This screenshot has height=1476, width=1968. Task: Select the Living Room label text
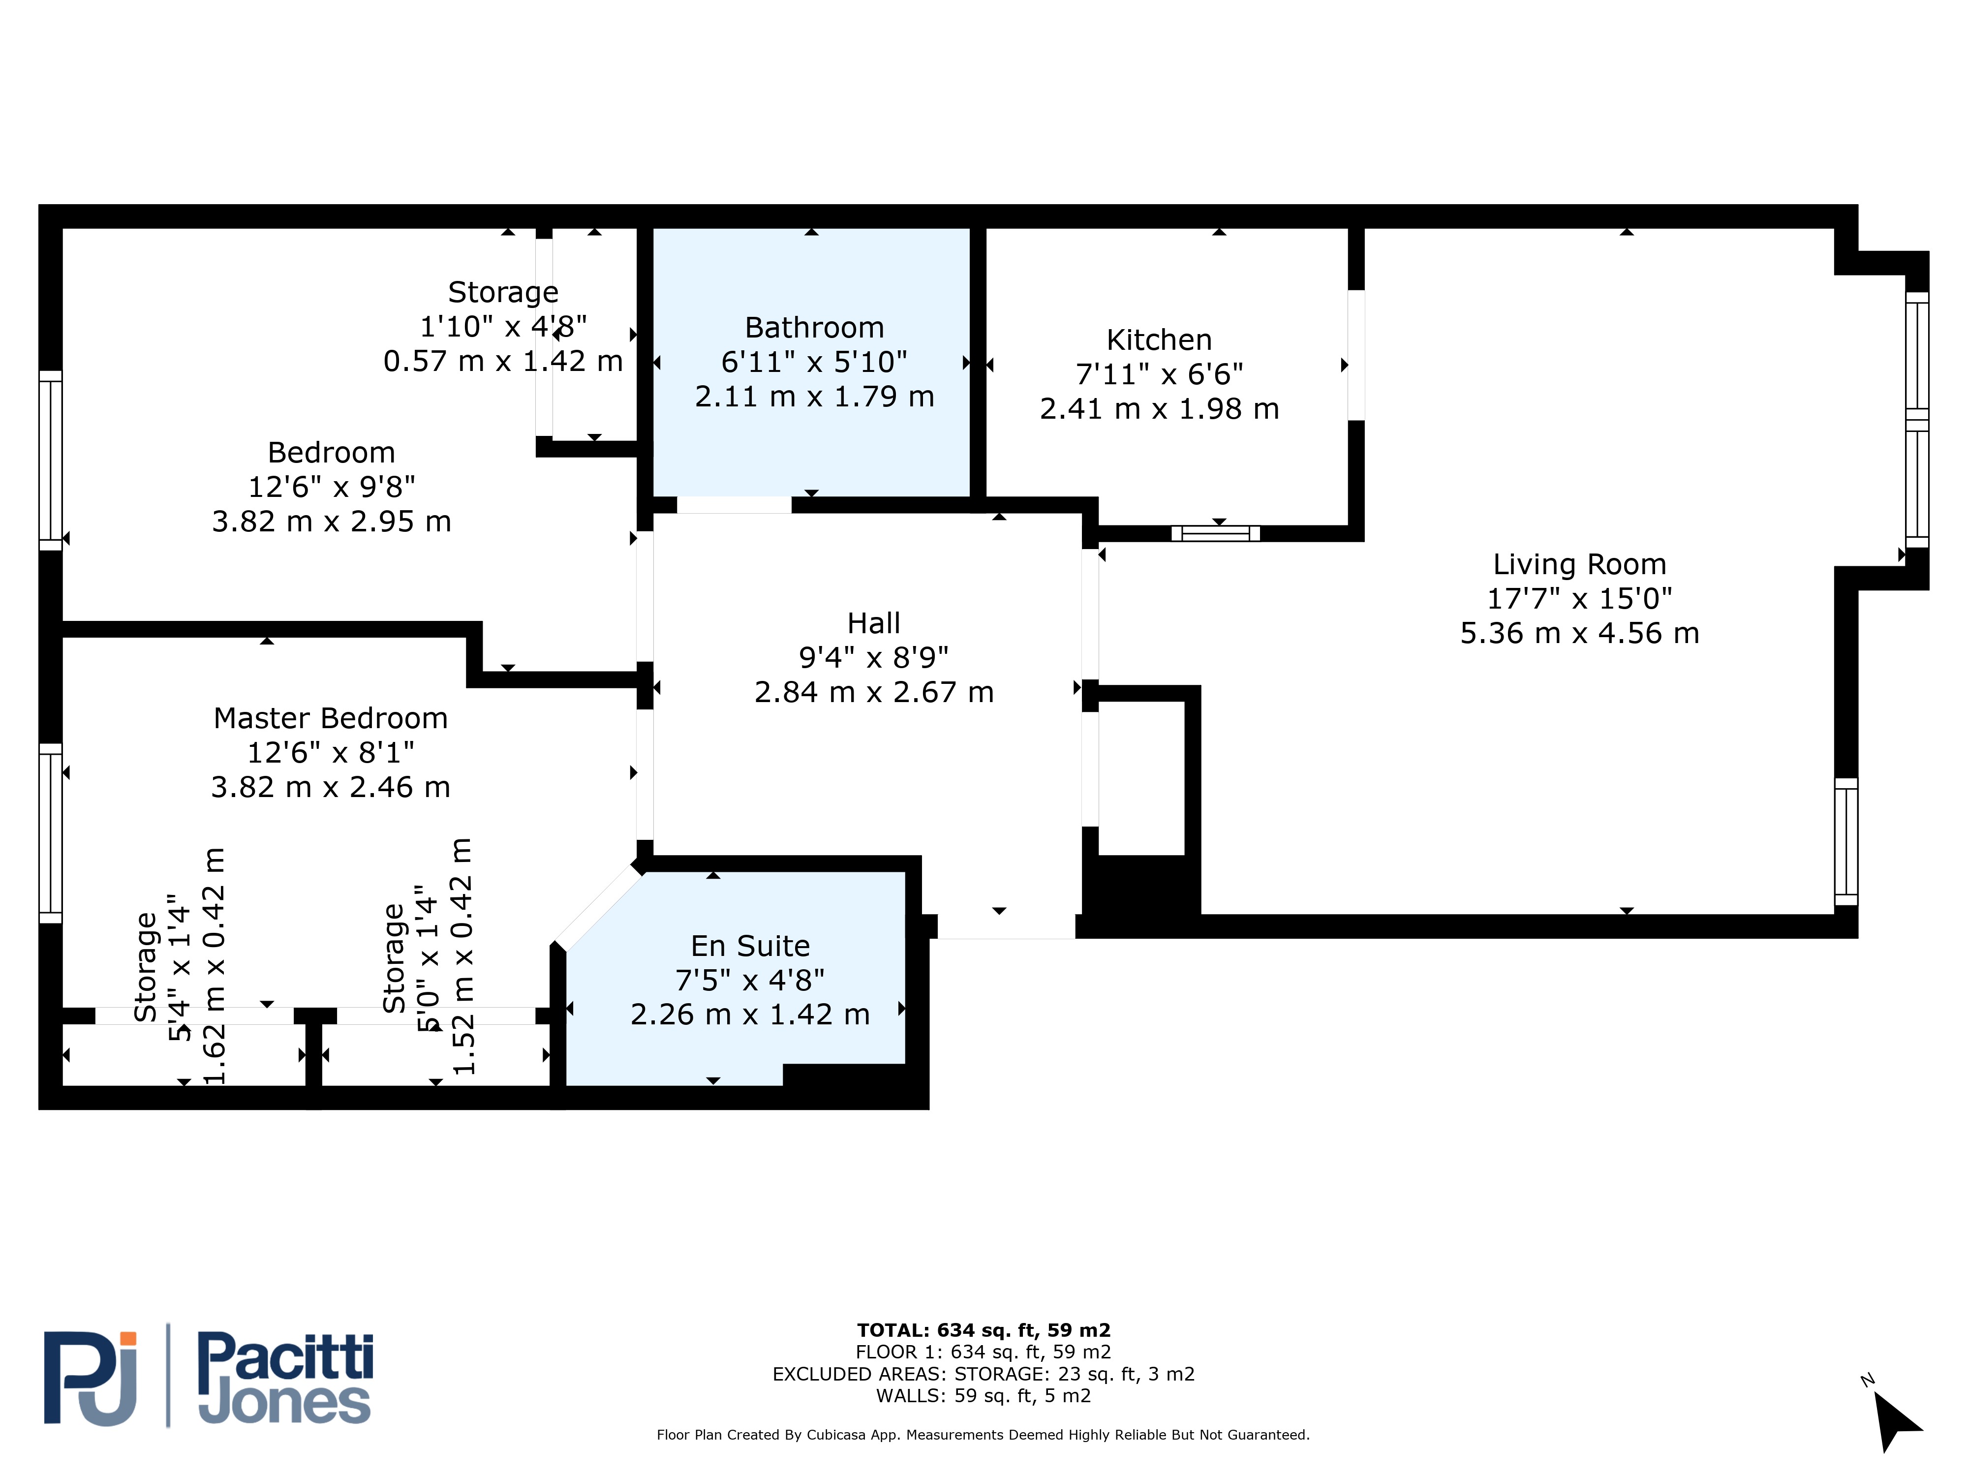tap(1579, 564)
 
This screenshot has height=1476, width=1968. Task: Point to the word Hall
tap(874, 623)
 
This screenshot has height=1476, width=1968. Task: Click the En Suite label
tap(750, 946)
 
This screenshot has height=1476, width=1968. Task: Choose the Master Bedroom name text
tap(330, 718)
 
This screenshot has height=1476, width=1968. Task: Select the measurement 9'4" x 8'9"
tap(874, 657)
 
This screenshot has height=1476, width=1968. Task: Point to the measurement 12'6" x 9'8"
tap(331, 487)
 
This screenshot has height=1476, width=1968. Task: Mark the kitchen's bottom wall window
tap(1215, 534)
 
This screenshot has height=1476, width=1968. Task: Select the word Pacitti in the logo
tap(285, 1357)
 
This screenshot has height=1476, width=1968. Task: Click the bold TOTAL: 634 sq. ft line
tap(983, 1330)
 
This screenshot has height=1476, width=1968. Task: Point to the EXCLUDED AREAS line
tap(983, 1374)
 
